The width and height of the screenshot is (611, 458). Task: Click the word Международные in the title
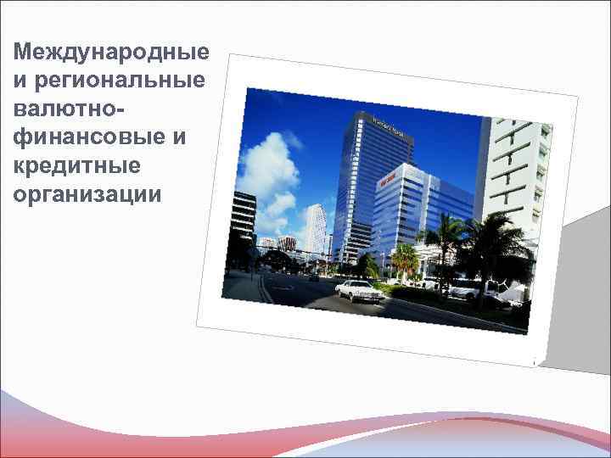(111, 53)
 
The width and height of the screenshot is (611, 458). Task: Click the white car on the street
(360, 289)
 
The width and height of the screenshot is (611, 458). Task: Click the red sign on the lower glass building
(389, 179)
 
